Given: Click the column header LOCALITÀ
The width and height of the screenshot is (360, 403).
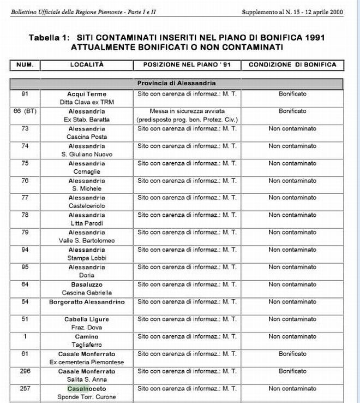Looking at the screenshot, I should (x=87, y=64).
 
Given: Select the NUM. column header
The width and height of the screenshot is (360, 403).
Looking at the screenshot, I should (x=25, y=64).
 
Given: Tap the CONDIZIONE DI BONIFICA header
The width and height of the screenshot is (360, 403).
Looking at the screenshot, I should (x=292, y=64).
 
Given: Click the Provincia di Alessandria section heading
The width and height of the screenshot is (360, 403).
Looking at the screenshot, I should (x=176, y=84).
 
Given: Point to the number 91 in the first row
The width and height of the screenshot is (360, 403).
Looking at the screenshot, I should (x=25, y=94).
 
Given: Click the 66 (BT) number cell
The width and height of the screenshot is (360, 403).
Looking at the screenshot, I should (x=25, y=111).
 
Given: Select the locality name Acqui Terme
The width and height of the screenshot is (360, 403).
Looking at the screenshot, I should (x=87, y=94).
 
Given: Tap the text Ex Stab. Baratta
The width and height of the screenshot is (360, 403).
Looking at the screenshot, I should (x=87, y=119).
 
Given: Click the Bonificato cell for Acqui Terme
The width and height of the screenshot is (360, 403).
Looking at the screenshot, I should (x=292, y=94).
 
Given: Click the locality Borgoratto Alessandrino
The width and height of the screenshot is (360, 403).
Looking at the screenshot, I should (x=87, y=302).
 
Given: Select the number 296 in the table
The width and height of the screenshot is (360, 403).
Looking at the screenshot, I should (x=25, y=371).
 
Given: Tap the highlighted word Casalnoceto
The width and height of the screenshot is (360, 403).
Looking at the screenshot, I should (x=87, y=389).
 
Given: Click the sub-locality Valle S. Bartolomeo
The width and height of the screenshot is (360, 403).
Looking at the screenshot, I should (x=87, y=240).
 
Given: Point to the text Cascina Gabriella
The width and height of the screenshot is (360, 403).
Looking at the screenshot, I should (x=87, y=293).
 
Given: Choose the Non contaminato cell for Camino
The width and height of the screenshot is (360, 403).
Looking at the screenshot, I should (x=292, y=336).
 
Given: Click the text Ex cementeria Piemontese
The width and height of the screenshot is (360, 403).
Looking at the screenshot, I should (x=87, y=362).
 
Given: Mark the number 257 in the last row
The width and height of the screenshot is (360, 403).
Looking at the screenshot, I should (x=25, y=389).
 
